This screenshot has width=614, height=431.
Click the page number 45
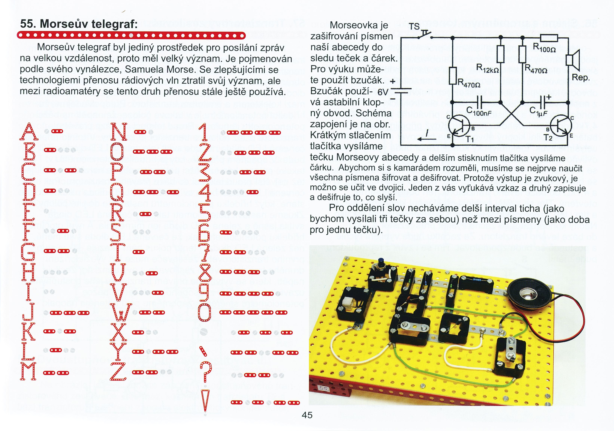point(307,415)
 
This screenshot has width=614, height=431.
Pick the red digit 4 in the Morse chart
point(205,192)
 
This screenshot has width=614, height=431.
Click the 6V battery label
point(383,92)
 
